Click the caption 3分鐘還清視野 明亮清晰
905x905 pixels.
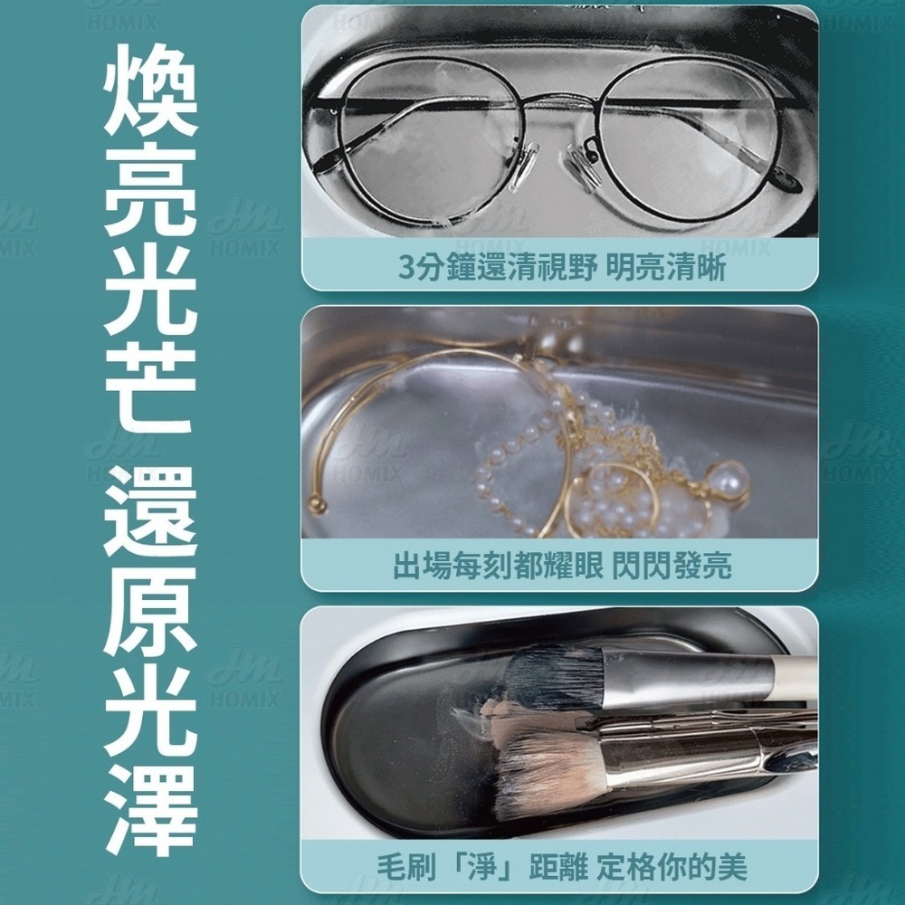coord(561,269)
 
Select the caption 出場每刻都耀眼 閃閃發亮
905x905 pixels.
coord(561,566)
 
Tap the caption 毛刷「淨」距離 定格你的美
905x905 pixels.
coord(561,865)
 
